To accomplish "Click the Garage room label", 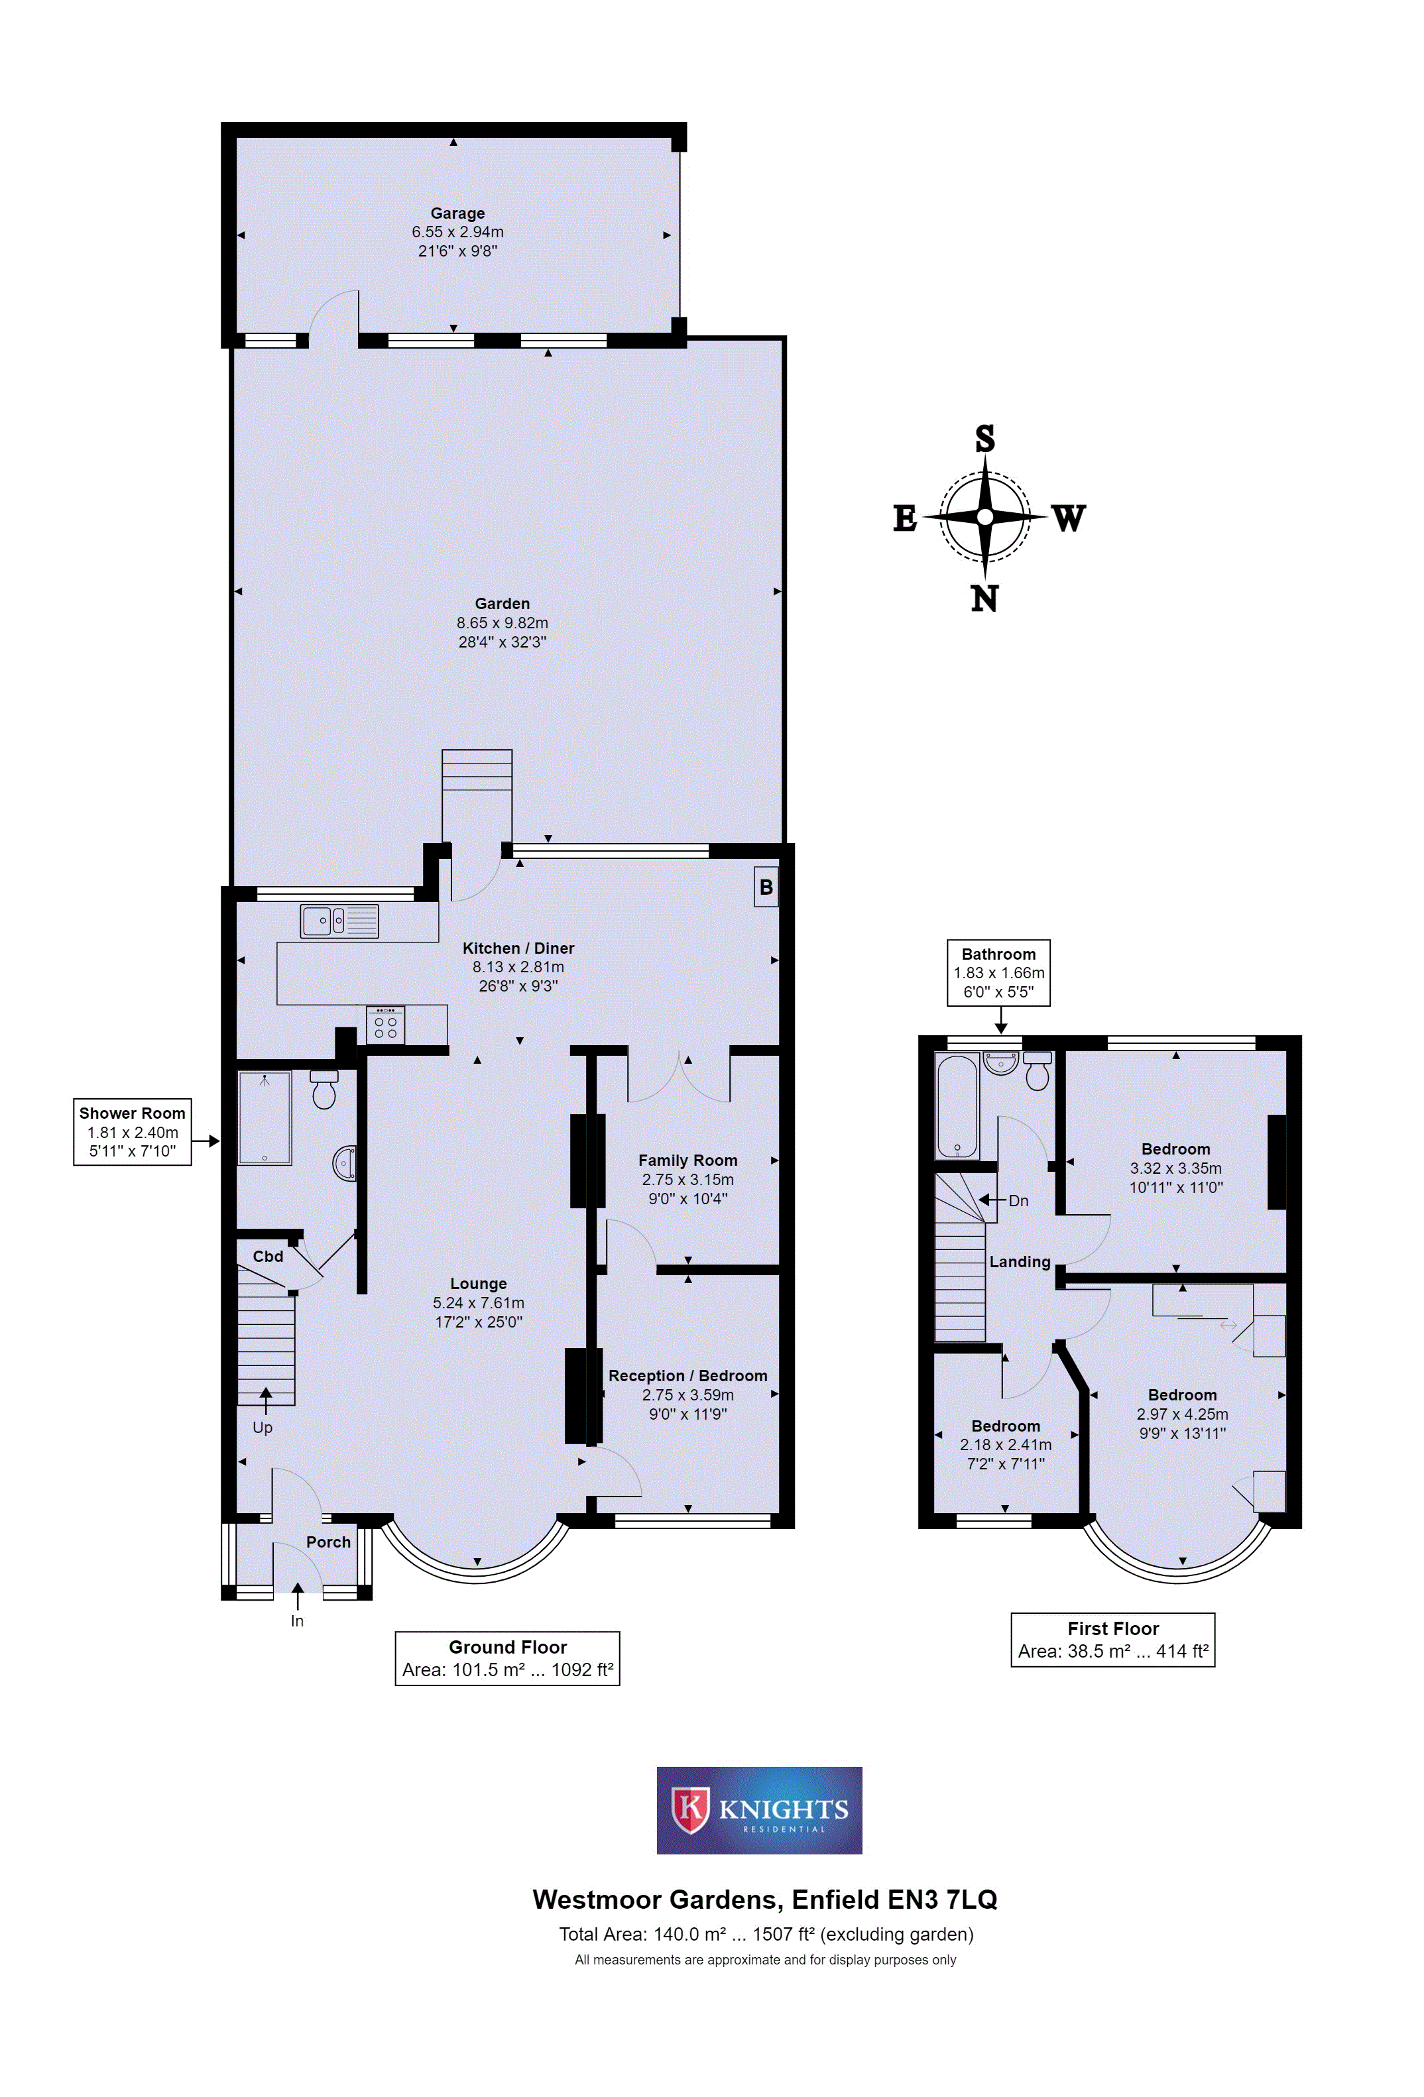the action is [457, 213].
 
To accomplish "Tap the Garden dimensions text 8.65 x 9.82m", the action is [502, 622].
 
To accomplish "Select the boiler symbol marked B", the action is [766, 887].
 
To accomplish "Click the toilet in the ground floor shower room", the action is [323, 1089].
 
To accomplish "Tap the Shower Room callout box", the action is [132, 1131].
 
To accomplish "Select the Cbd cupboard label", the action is [268, 1256].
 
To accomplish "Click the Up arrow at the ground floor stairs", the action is [265, 1401].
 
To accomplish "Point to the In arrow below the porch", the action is [298, 1596].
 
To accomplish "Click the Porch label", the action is [328, 1542].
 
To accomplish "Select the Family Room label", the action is [687, 1161].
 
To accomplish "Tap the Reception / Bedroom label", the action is [687, 1375].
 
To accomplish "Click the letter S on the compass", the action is [984, 439].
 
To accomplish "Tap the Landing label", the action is [1020, 1261].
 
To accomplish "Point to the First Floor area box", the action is [1112, 1640].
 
